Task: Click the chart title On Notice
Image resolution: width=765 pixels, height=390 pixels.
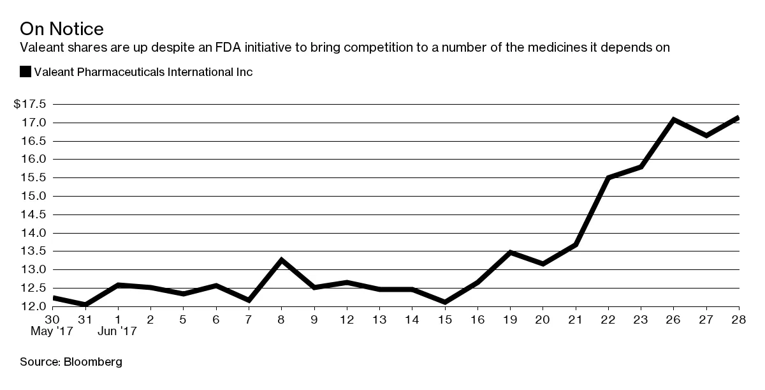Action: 62,29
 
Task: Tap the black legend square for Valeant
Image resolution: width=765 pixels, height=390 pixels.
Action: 25,72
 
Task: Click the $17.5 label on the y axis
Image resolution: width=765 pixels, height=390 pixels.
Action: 29,104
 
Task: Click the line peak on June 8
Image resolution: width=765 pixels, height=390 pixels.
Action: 281,260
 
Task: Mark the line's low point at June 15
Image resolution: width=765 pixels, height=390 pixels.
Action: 445,302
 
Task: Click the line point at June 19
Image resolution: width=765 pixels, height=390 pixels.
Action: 510,252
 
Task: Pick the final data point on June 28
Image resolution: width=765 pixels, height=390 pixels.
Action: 738,117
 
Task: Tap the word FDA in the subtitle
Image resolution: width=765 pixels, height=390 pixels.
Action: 301,47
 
